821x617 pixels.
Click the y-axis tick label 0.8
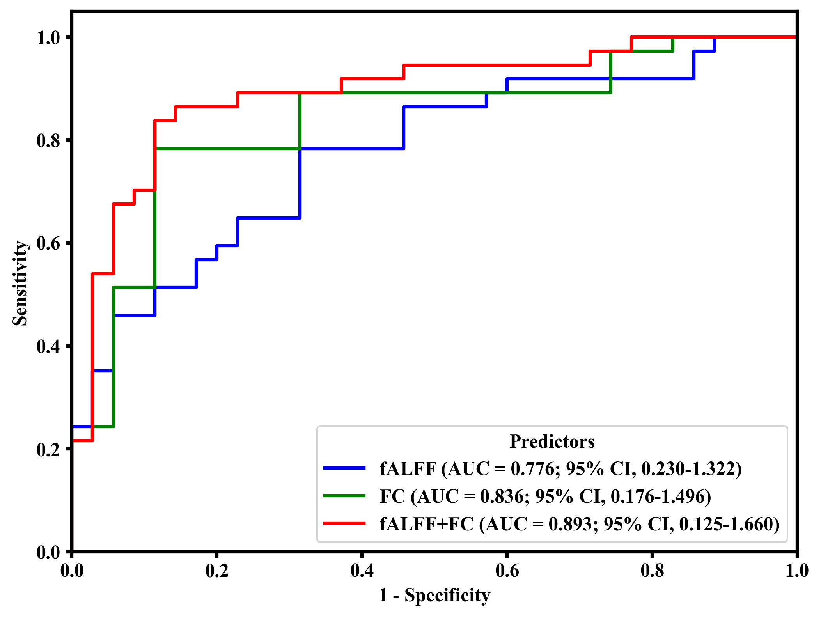click(48, 140)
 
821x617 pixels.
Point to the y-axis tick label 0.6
click(48, 243)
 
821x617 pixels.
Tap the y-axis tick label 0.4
click(48, 346)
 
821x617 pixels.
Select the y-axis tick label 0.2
click(48, 449)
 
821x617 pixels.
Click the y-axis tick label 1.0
click(48, 38)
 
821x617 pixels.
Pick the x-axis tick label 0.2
click(217, 571)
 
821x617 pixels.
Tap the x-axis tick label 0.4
click(362, 571)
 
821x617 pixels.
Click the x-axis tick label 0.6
click(507, 571)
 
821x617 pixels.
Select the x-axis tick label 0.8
click(652, 571)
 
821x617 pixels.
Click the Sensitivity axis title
click(20, 283)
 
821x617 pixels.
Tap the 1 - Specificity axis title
click(434, 596)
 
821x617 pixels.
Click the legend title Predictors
click(552, 441)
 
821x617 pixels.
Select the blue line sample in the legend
click(344, 468)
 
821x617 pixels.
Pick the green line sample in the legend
click(344, 496)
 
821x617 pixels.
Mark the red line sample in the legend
click(344, 524)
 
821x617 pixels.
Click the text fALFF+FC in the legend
click(427, 525)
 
